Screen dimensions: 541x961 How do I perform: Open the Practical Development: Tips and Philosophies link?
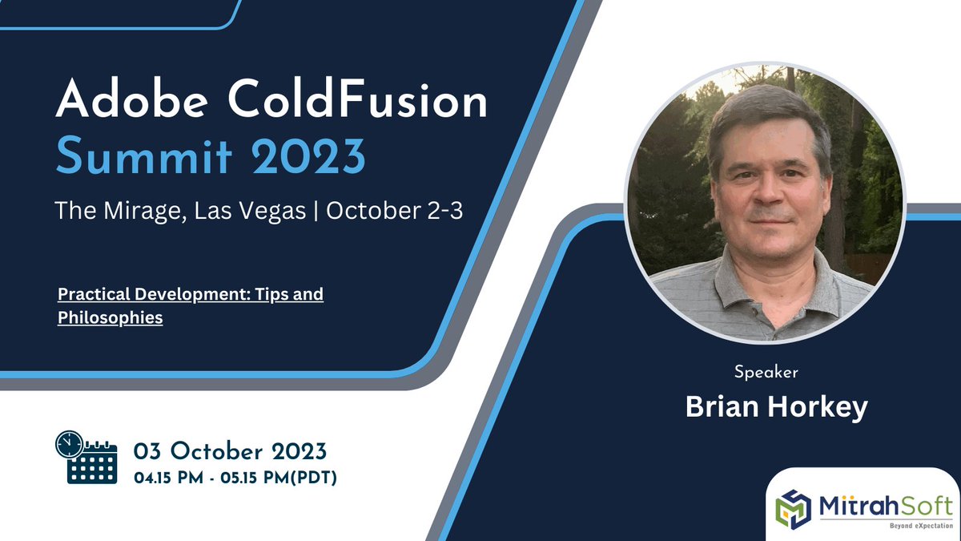click(x=190, y=305)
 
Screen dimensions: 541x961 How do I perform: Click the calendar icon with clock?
click(x=86, y=458)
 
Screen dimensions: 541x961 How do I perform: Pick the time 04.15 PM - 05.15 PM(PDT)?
click(x=235, y=478)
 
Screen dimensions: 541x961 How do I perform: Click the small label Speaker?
click(x=766, y=372)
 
